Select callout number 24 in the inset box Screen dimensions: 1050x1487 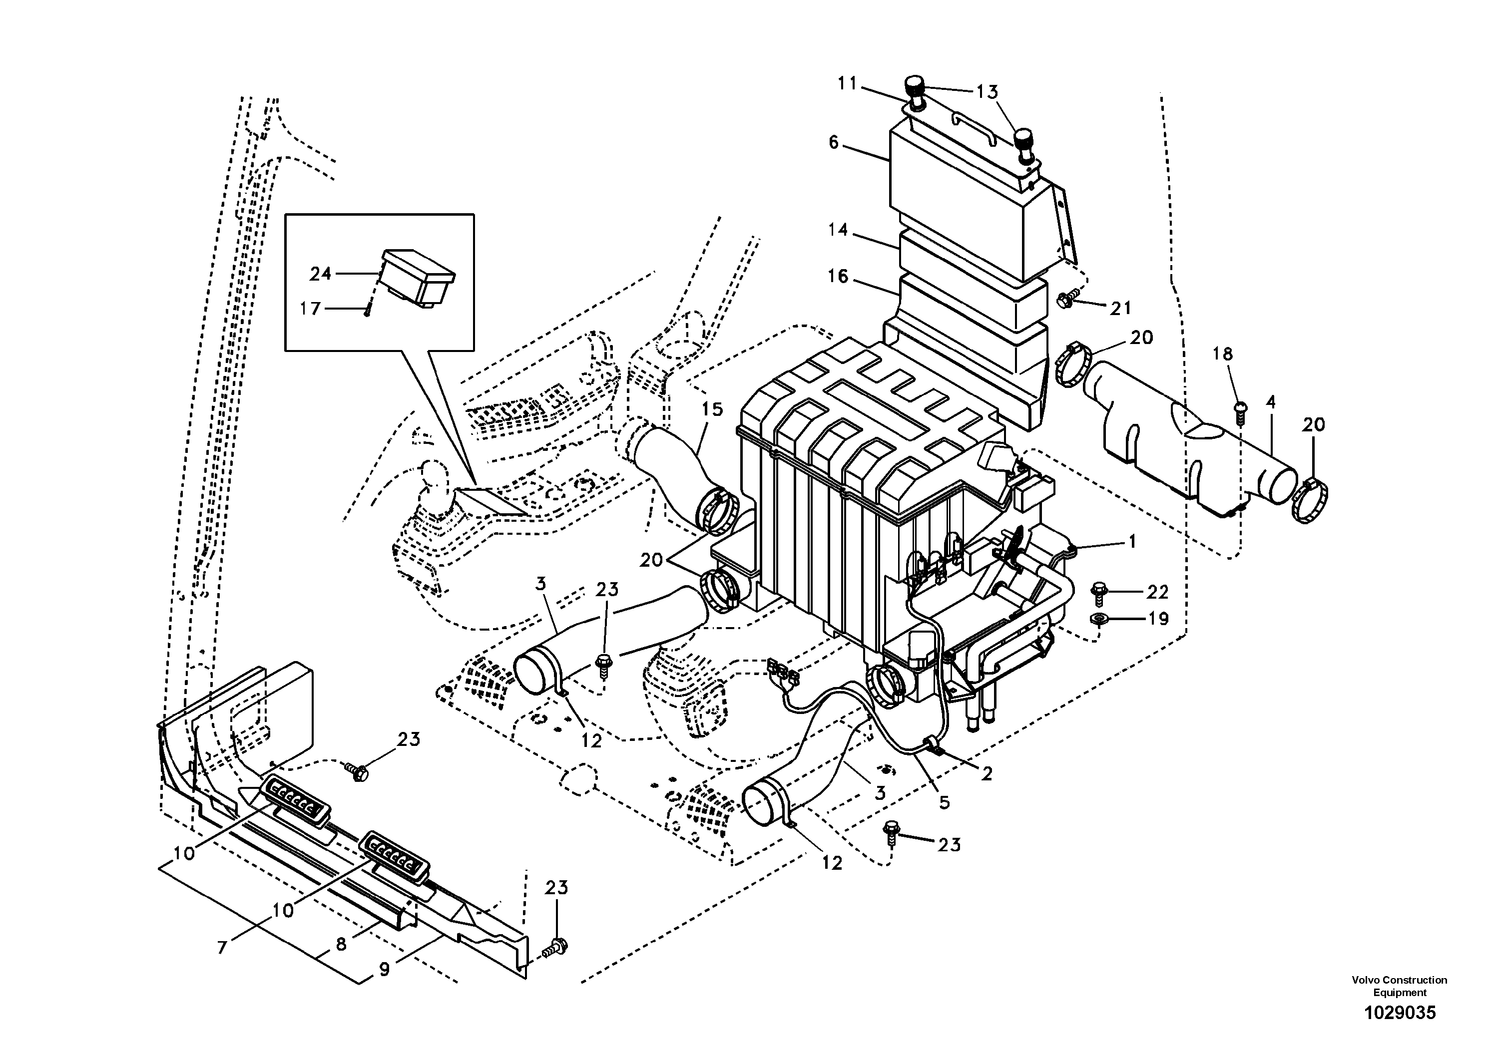(321, 275)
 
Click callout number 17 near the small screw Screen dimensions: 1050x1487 (310, 309)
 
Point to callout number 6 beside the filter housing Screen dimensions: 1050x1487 (834, 142)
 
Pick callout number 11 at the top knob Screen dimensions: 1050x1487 (847, 83)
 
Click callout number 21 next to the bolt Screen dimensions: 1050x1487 (1120, 308)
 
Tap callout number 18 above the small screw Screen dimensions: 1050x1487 (1223, 354)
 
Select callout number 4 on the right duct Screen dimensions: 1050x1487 (1271, 402)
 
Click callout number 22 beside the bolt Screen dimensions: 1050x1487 (1157, 592)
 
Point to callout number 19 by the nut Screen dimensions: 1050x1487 (1157, 620)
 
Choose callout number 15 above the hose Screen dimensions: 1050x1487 (712, 409)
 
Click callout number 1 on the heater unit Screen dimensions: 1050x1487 (1132, 541)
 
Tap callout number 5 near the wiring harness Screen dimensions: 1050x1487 (944, 802)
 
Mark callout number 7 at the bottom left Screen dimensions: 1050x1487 (223, 948)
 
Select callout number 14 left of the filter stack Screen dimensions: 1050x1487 (838, 230)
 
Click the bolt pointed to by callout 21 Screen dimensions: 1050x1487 (1065, 299)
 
